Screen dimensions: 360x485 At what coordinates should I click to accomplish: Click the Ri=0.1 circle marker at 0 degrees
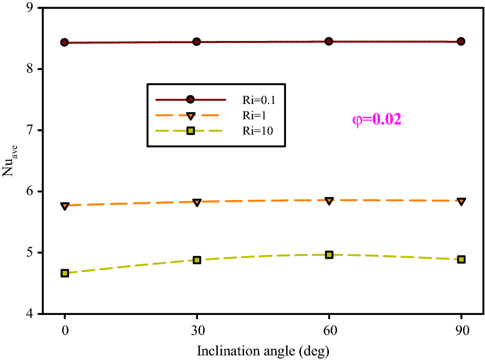click(x=64, y=42)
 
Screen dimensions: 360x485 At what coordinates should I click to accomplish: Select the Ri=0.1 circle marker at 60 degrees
click(x=329, y=41)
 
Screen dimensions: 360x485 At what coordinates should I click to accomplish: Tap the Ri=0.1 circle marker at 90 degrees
click(x=461, y=41)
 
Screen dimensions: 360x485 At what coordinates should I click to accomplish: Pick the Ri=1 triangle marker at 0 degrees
click(x=64, y=206)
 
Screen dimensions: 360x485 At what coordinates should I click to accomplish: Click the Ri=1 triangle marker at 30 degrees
click(x=196, y=202)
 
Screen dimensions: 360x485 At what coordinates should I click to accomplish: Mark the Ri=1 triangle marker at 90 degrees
click(x=461, y=201)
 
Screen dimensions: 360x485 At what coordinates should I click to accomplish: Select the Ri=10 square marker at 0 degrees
click(x=64, y=273)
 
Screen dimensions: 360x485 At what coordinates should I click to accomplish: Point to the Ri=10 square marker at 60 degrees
click(x=329, y=255)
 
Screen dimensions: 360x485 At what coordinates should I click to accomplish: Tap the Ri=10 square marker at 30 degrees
click(x=196, y=260)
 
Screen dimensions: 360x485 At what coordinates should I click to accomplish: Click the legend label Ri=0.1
click(x=257, y=99)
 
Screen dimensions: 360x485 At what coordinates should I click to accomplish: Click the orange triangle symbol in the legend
click(x=190, y=115)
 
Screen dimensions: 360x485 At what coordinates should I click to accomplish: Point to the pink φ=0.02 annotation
click(x=377, y=120)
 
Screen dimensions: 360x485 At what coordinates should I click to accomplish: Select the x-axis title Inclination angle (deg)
click(x=263, y=351)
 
